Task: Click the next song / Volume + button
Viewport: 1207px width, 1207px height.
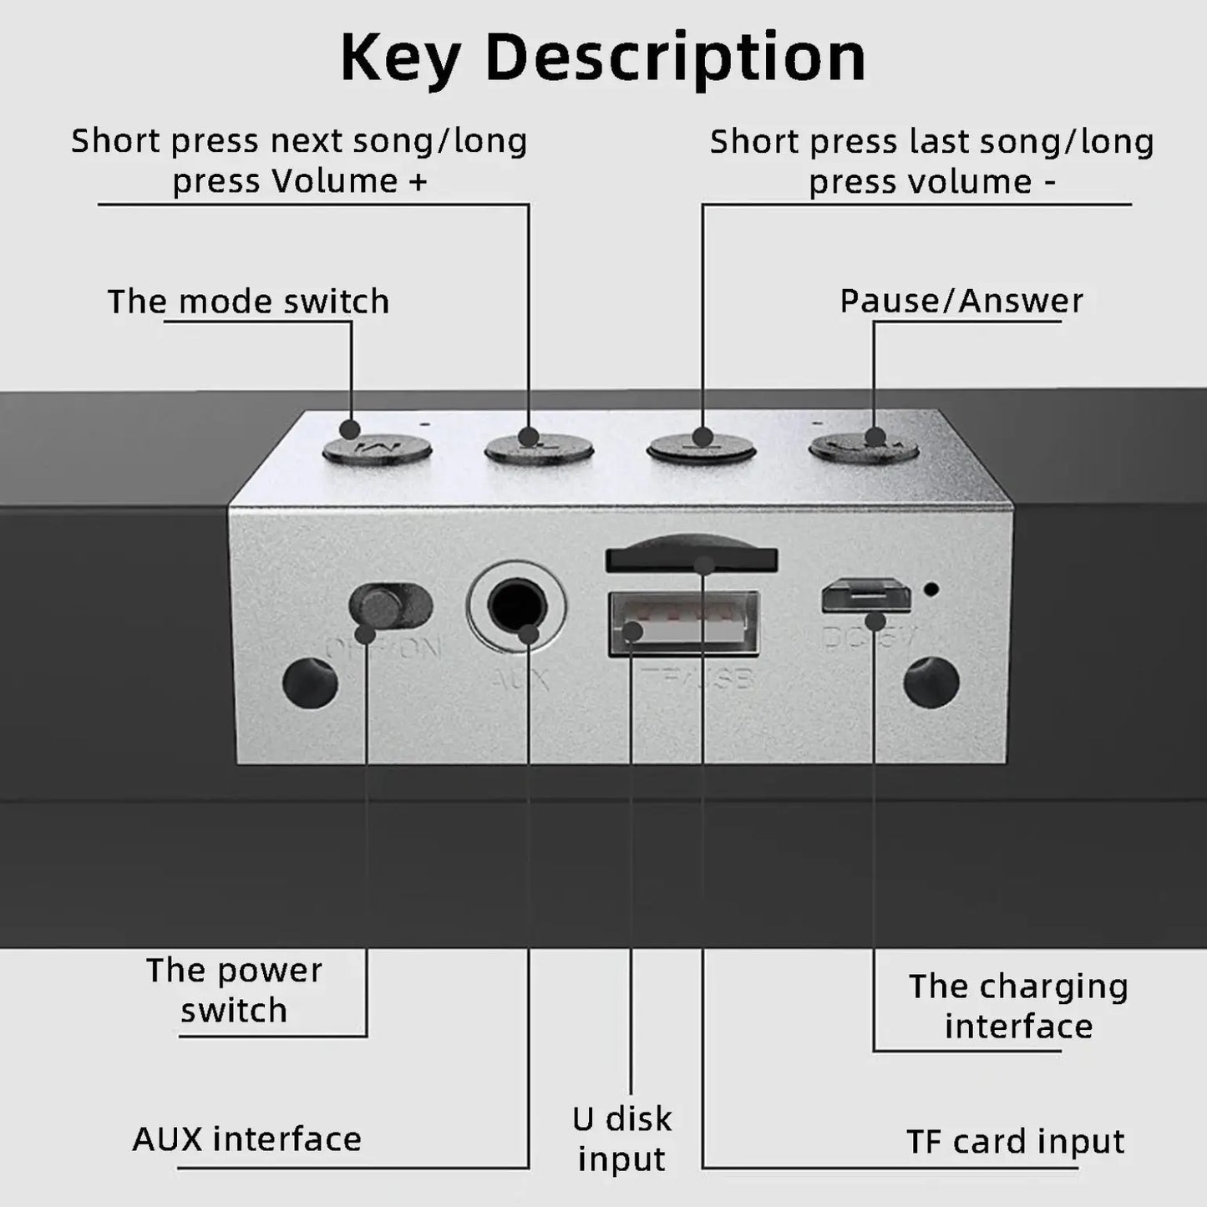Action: pyautogui.click(x=539, y=448)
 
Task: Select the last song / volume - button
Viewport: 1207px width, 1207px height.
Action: pyautogui.click(x=702, y=448)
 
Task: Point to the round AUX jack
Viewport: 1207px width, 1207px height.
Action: pyautogui.click(x=515, y=605)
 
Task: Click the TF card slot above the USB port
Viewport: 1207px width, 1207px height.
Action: pyautogui.click(x=691, y=558)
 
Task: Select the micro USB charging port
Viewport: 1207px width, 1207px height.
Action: pyautogui.click(x=865, y=595)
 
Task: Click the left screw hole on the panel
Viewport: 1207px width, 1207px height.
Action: pyautogui.click(x=310, y=682)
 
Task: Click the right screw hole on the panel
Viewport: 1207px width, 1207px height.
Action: pyautogui.click(x=931, y=682)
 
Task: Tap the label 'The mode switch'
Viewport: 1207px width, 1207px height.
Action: pyautogui.click(x=249, y=302)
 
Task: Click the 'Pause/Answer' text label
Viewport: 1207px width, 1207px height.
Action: pyautogui.click(x=961, y=301)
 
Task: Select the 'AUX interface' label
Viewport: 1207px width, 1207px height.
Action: pyautogui.click(x=247, y=1139)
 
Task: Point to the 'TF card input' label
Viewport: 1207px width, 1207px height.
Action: pyautogui.click(x=1015, y=1141)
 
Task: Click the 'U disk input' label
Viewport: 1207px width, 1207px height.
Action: pyautogui.click(x=622, y=1139)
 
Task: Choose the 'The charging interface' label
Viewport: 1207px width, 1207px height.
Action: pyautogui.click(x=1018, y=1007)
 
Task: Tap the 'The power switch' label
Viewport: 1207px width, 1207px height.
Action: pyautogui.click(x=234, y=991)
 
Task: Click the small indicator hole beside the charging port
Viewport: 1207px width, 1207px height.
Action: pyautogui.click(x=931, y=589)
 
